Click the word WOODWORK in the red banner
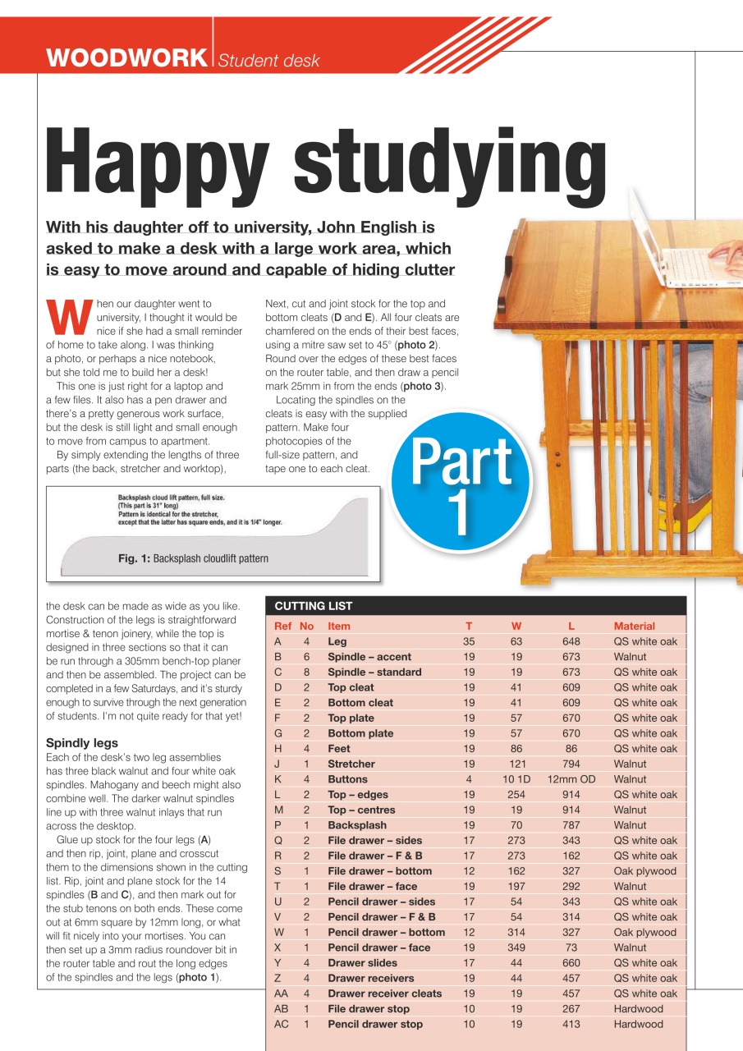126,58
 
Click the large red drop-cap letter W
70,316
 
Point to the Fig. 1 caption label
193,558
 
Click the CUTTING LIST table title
313,606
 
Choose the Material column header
635,626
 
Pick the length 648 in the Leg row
571,641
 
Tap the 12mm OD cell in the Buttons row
571,779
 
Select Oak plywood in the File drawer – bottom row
644,871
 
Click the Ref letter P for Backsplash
277,825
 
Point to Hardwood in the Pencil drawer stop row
638,1024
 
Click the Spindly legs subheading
82,743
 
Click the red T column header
469,626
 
